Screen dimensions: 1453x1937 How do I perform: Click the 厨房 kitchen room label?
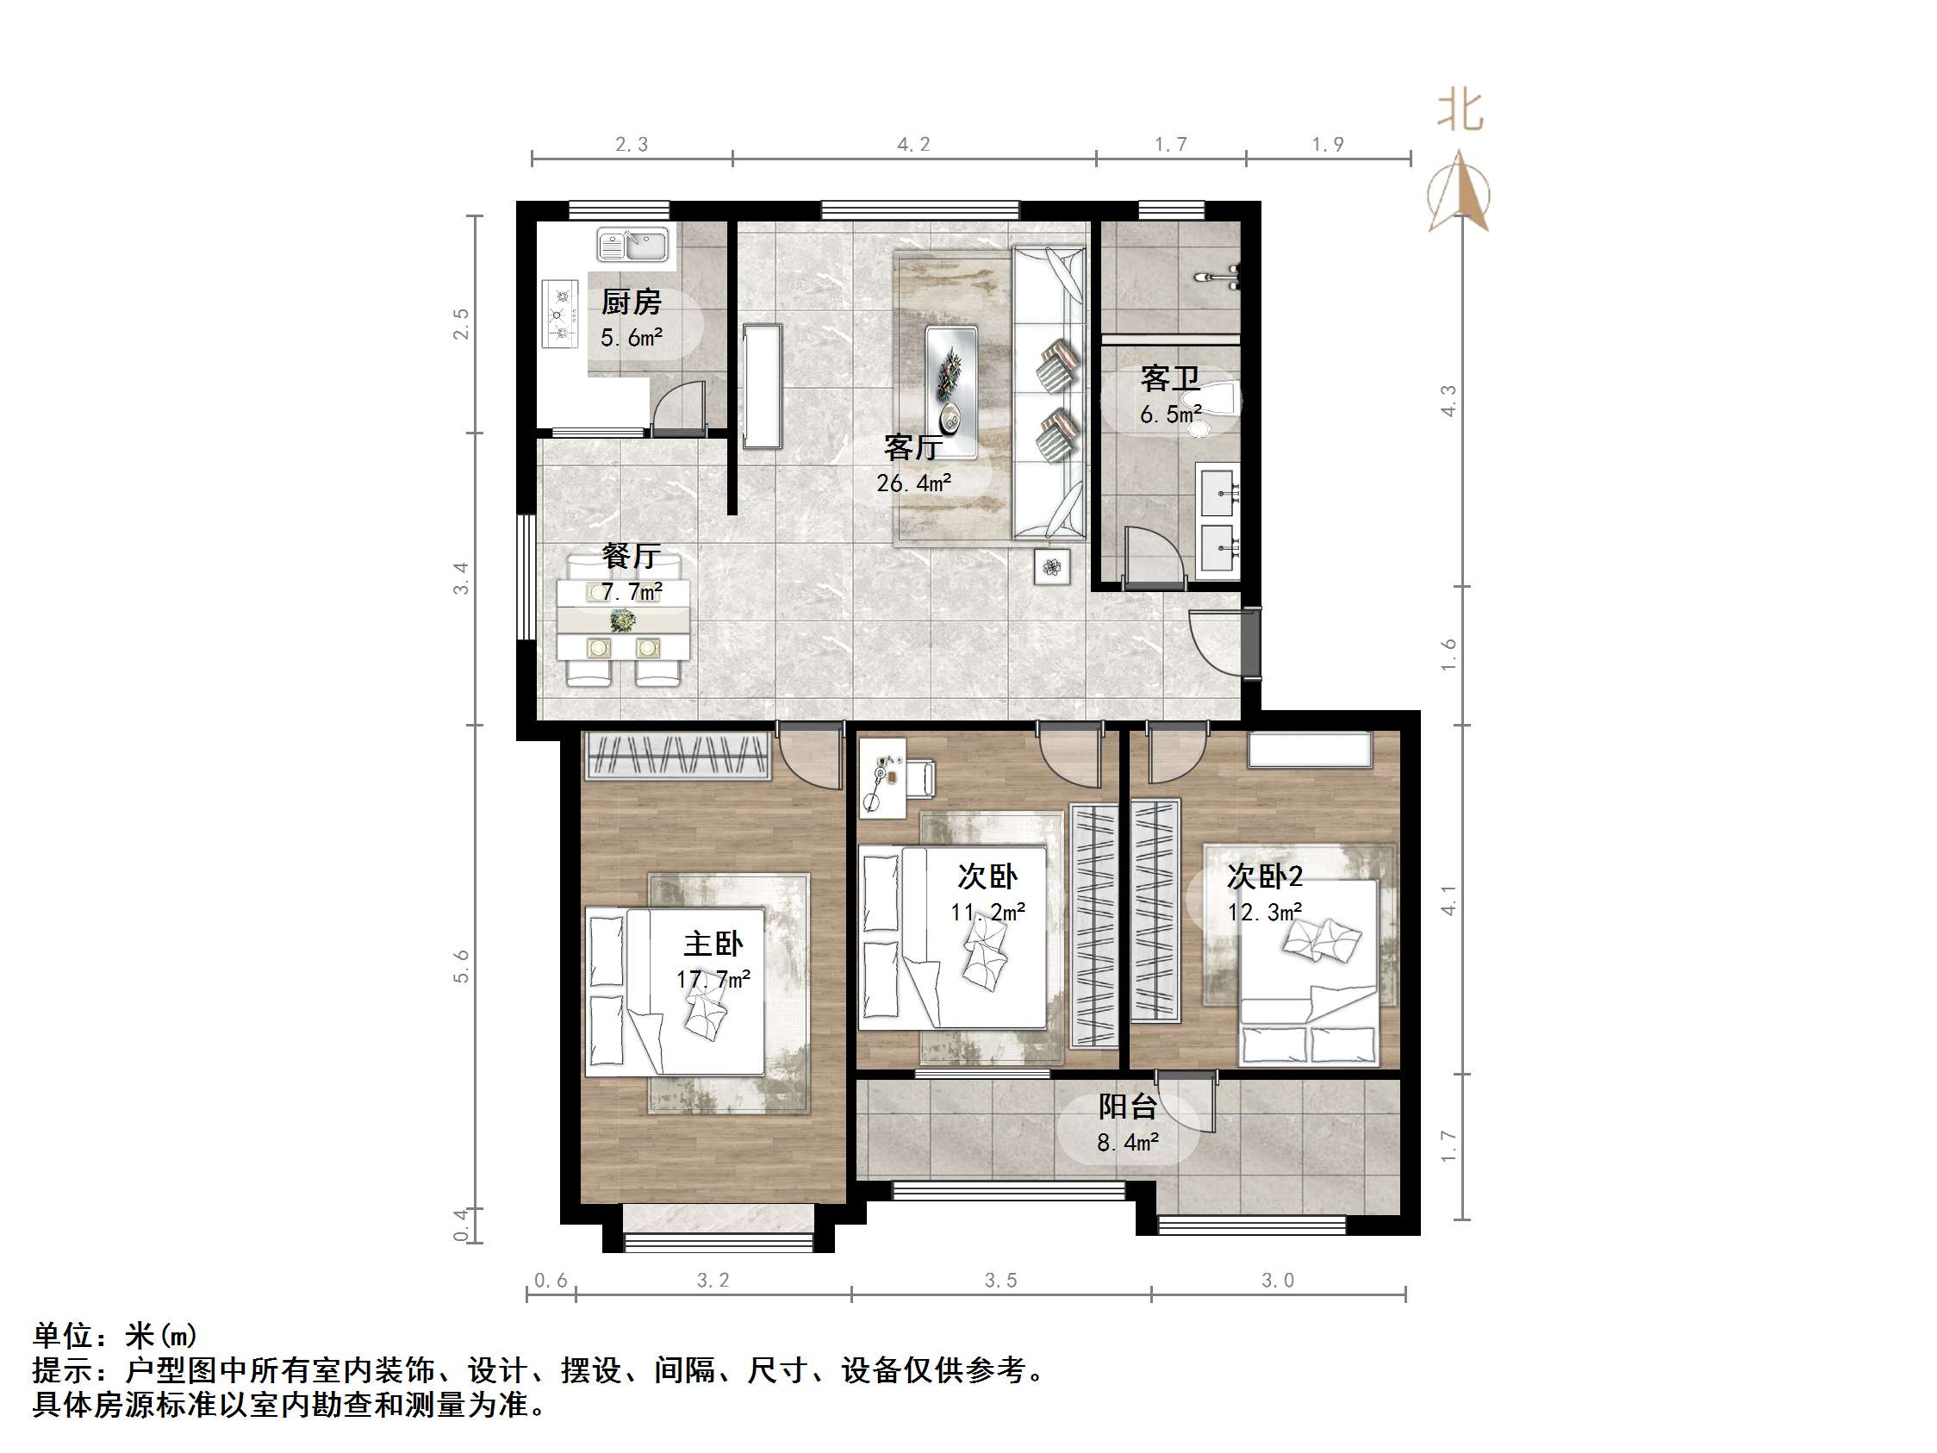pos(631,302)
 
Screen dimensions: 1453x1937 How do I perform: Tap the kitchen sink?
pos(632,245)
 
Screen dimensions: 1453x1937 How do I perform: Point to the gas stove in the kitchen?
pos(559,313)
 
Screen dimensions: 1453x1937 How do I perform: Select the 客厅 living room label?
pos(913,447)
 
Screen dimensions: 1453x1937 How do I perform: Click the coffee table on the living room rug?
pos(952,390)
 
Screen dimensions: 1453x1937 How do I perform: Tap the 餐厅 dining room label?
pos(631,556)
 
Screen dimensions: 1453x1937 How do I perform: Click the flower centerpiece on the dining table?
pos(623,621)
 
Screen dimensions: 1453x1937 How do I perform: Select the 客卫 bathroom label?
pos(1169,378)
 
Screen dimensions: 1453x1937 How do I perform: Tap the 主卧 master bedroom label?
pos(713,944)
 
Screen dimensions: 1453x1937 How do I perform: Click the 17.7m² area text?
pos(713,979)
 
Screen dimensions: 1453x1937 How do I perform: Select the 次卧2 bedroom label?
pos(1265,876)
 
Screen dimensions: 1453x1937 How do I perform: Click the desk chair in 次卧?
pos(920,778)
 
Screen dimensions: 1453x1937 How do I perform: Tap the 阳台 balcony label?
pos(1128,1107)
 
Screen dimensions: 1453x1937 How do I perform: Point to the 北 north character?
pos(1460,112)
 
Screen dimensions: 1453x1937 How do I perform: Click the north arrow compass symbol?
pos(1459,193)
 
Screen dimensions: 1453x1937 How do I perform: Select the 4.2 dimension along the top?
pos(913,145)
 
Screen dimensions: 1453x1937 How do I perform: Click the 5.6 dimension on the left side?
pos(462,966)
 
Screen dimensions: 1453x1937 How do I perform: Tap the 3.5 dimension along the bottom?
pos(1000,1281)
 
